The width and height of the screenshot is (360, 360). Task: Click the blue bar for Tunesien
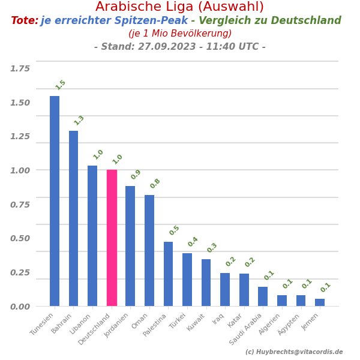coord(55,201)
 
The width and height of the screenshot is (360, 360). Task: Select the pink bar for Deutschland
coord(112,238)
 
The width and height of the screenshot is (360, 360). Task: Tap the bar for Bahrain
coord(73,218)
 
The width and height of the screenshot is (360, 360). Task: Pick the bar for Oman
coord(149,250)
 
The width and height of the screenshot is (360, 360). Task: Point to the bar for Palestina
coord(168,274)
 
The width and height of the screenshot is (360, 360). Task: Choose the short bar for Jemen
coord(320,302)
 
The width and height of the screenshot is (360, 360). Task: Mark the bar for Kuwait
coord(206,283)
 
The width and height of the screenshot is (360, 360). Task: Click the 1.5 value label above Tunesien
coord(61,85)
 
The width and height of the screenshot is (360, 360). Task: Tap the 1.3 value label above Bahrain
coord(79,120)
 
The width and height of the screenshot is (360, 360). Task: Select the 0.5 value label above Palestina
coord(175,230)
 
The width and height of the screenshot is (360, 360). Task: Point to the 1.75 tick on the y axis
coord(20,68)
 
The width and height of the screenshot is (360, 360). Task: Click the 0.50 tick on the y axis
coord(20,238)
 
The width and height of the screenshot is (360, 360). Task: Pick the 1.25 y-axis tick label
coord(20,136)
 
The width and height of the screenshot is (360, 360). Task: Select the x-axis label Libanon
coord(80,323)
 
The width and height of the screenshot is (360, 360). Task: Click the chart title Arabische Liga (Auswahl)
coord(179,7)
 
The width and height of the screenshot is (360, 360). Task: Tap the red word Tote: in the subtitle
coord(25,21)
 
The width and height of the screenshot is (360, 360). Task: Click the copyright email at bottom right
coord(294,352)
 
